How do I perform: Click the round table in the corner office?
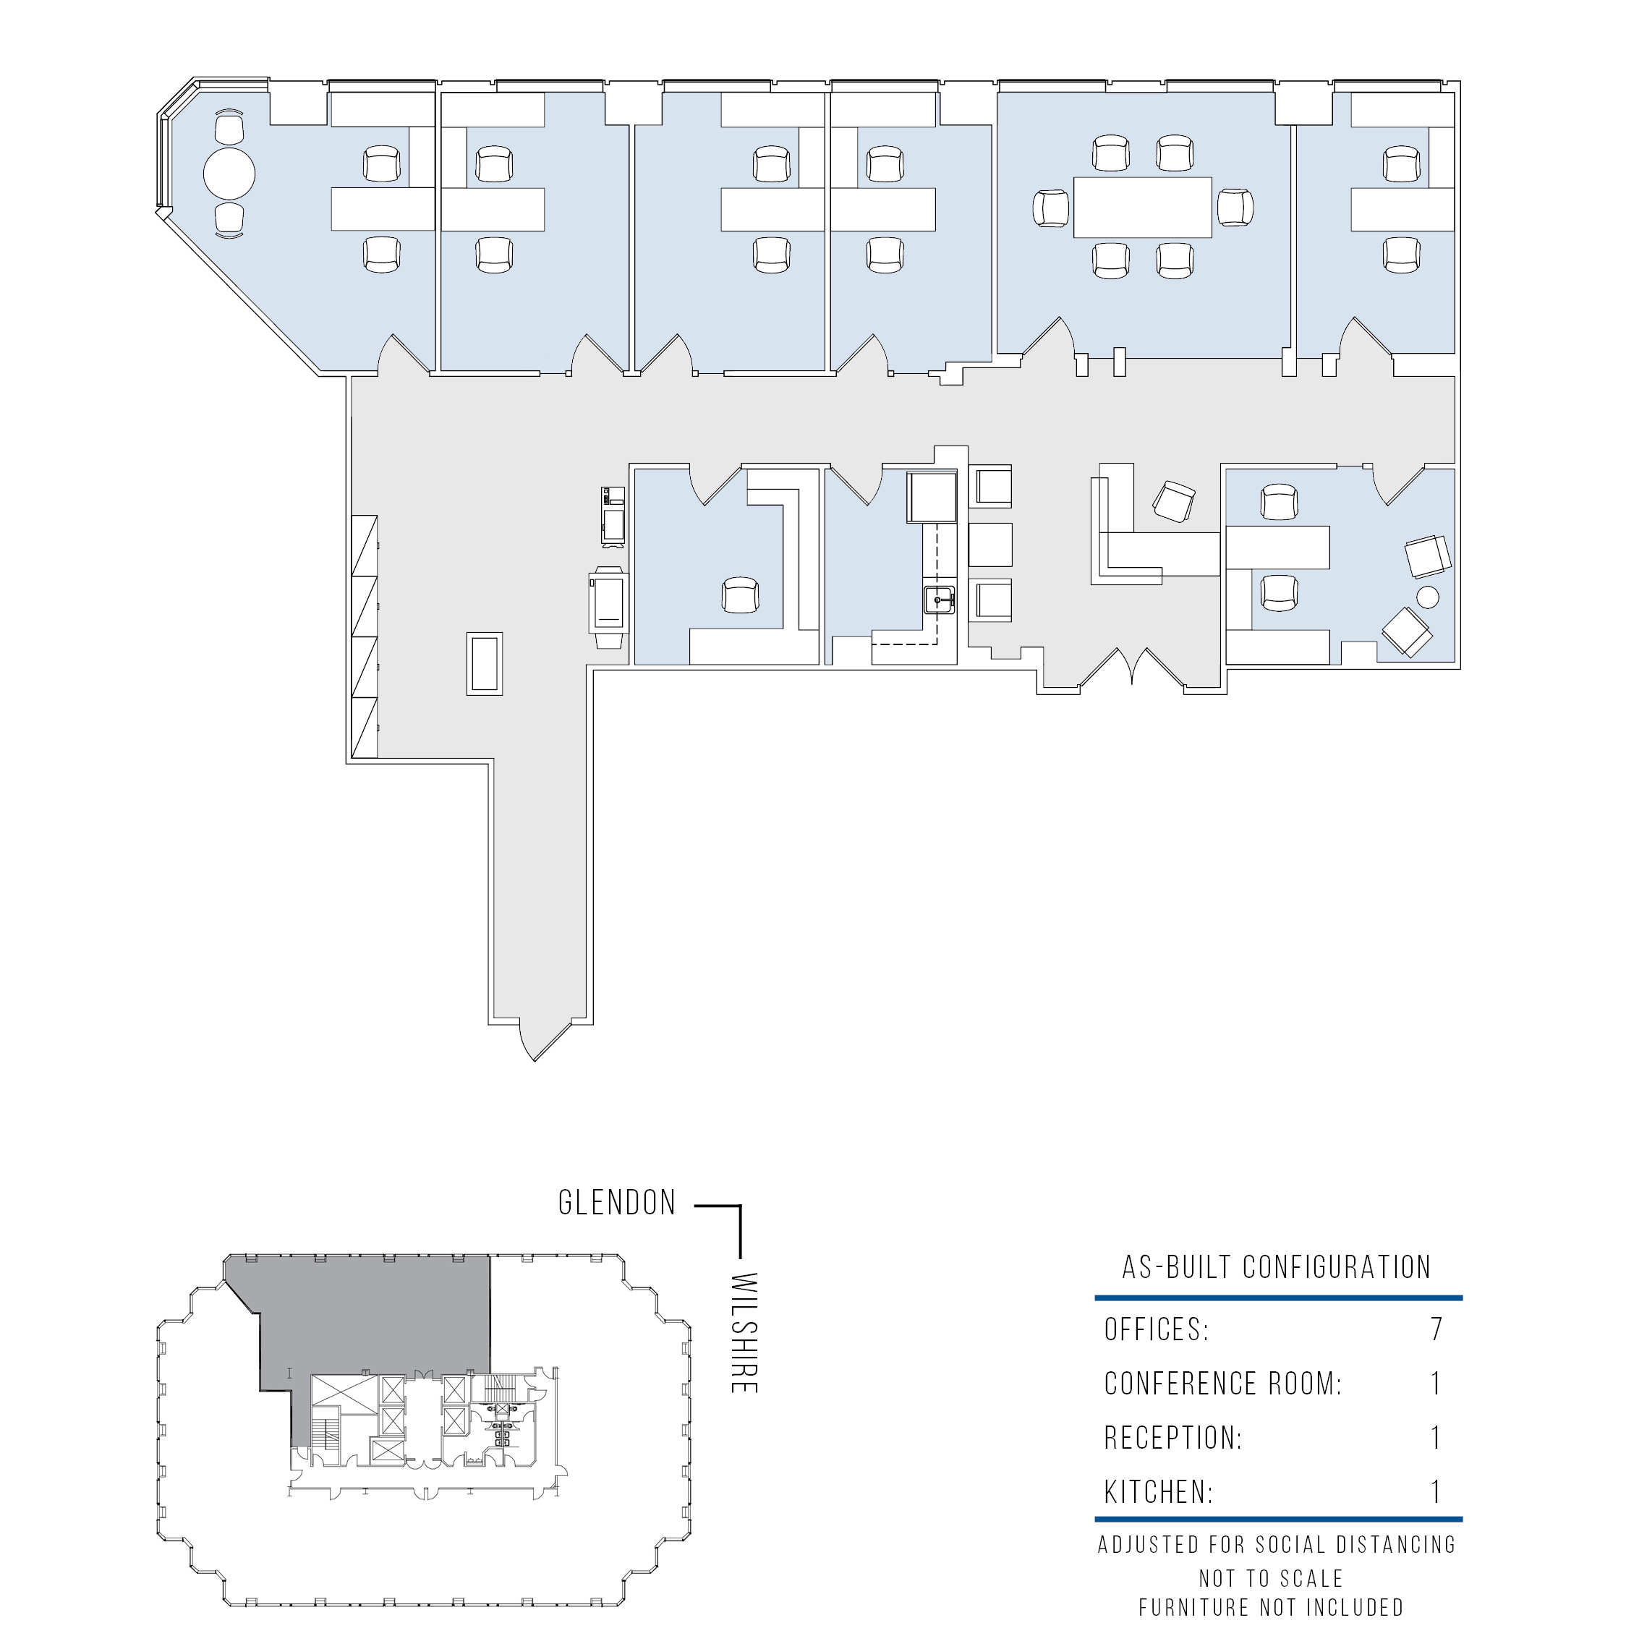tap(229, 174)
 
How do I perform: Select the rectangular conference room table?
tap(1142, 207)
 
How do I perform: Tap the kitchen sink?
tap(939, 600)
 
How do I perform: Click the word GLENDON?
tap(618, 1203)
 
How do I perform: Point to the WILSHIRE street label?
tap(743, 1332)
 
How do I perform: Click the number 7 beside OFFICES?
tap(1436, 1329)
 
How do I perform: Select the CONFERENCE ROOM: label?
tap(1223, 1384)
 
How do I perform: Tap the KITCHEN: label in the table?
tap(1159, 1492)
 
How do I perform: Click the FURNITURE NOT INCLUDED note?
tap(1271, 1607)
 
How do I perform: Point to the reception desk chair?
tap(1174, 501)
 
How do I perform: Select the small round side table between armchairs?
tap(1427, 597)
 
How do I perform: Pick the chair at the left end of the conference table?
tap(1051, 208)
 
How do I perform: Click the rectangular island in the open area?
tap(485, 664)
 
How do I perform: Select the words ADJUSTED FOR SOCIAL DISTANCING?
tap(1277, 1545)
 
